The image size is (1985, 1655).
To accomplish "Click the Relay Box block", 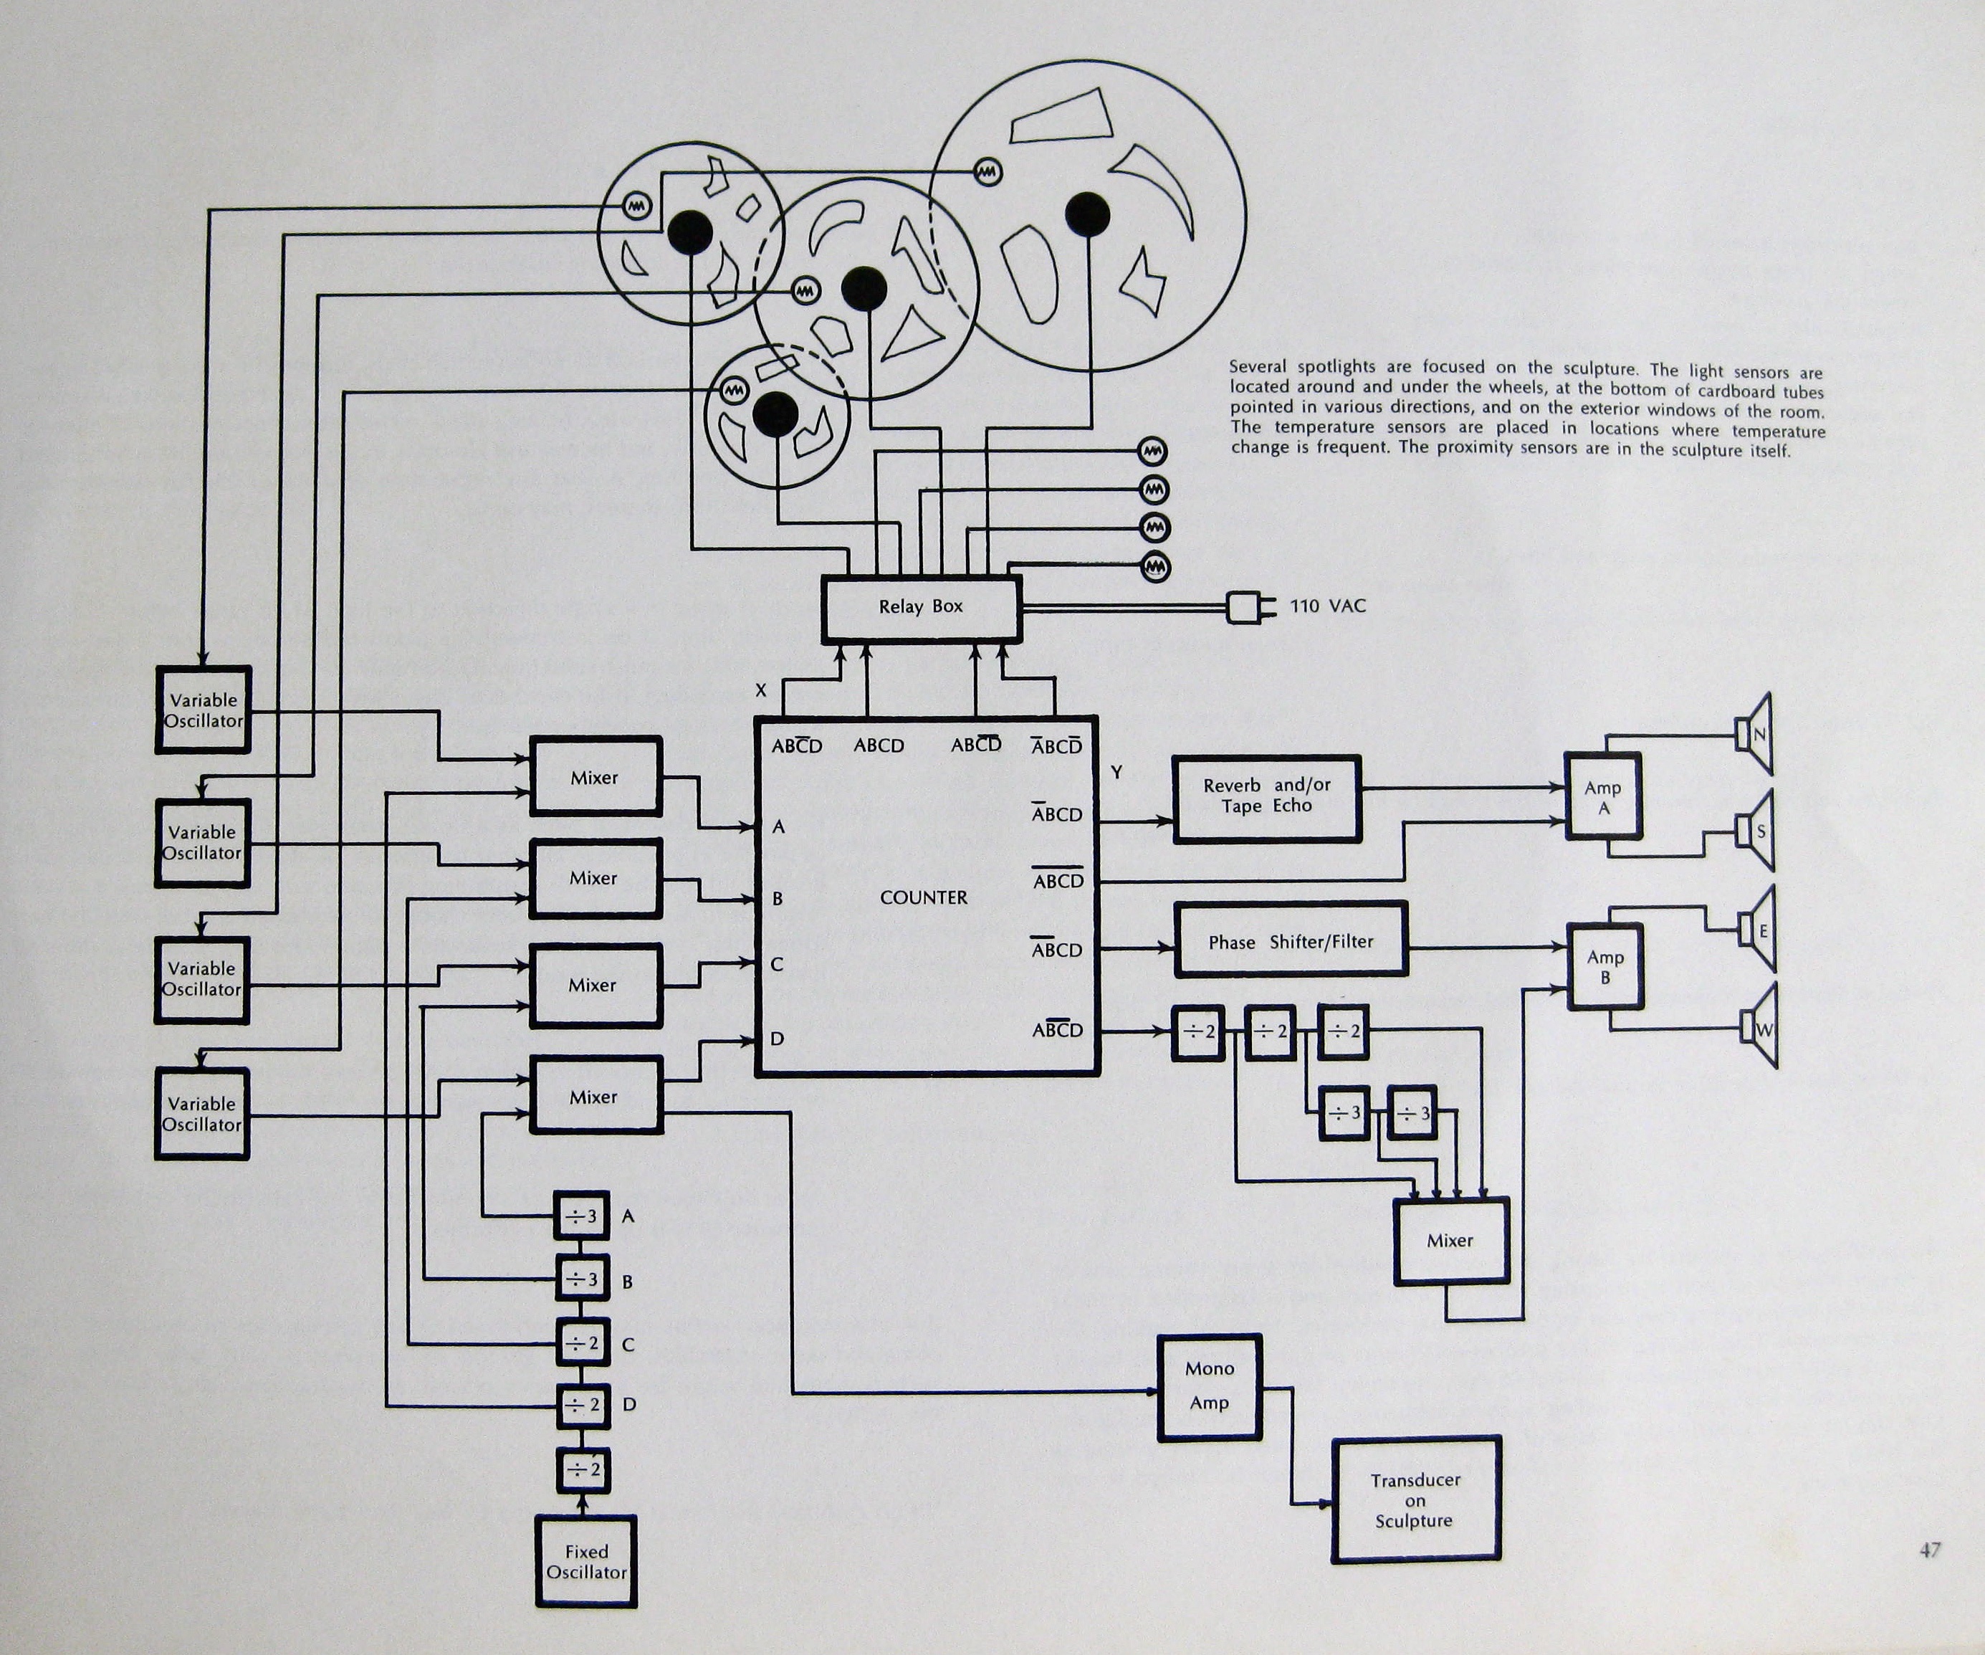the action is (x=921, y=608).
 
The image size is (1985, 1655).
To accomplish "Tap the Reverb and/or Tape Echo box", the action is (x=1267, y=798).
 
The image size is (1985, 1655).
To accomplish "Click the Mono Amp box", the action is (x=1210, y=1386).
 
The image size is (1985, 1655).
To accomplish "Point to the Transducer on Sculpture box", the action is (x=1416, y=1500).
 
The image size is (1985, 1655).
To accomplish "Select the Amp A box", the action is (x=1603, y=796).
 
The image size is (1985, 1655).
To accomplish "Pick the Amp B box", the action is (x=1605, y=966).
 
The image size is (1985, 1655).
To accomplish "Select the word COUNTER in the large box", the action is (x=924, y=897).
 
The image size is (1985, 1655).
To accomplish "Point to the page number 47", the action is (x=1930, y=1549).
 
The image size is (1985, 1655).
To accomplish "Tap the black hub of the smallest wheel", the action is (x=775, y=414).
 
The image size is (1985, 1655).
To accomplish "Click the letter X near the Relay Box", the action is (x=761, y=691).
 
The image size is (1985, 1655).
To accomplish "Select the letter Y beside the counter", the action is (x=1116, y=772).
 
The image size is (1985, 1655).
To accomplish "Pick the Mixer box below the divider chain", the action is (x=1451, y=1241).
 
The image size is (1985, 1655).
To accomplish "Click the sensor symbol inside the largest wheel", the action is (x=987, y=172).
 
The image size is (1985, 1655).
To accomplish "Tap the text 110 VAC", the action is (x=1328, y=606).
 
